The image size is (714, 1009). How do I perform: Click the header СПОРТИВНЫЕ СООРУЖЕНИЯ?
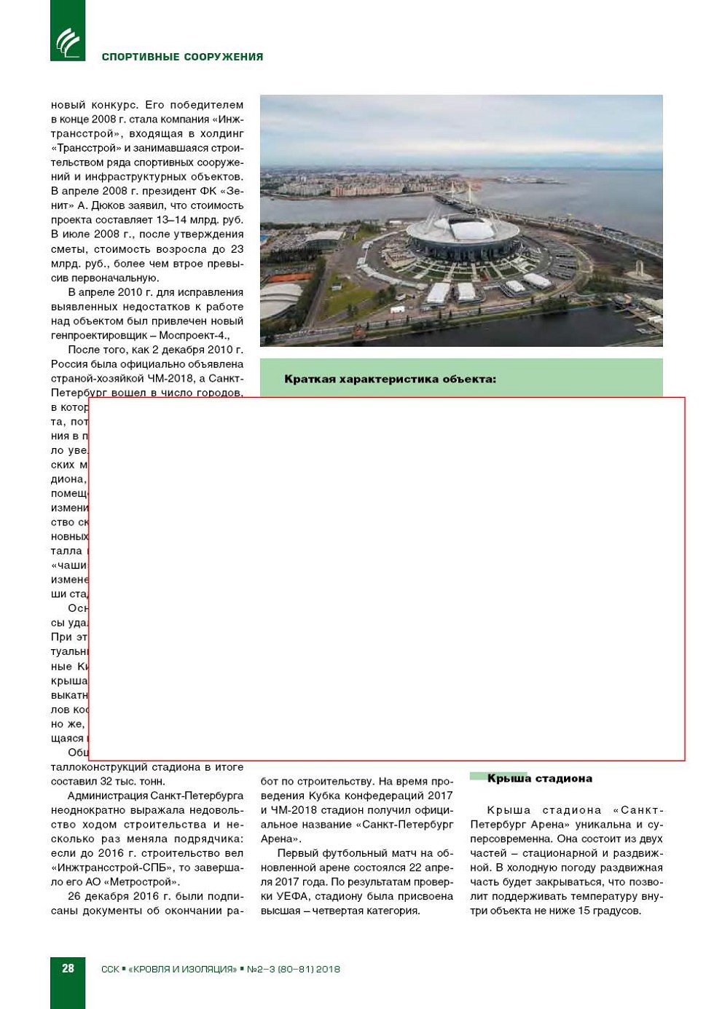pos(182,57)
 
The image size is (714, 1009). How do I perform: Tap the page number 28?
pos(68,968)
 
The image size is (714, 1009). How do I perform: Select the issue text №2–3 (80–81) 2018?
pos(294,969)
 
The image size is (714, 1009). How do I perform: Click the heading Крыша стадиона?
pos(539,778)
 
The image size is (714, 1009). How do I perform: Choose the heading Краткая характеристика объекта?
pos(390,379)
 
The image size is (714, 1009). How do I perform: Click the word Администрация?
pos(105,796)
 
